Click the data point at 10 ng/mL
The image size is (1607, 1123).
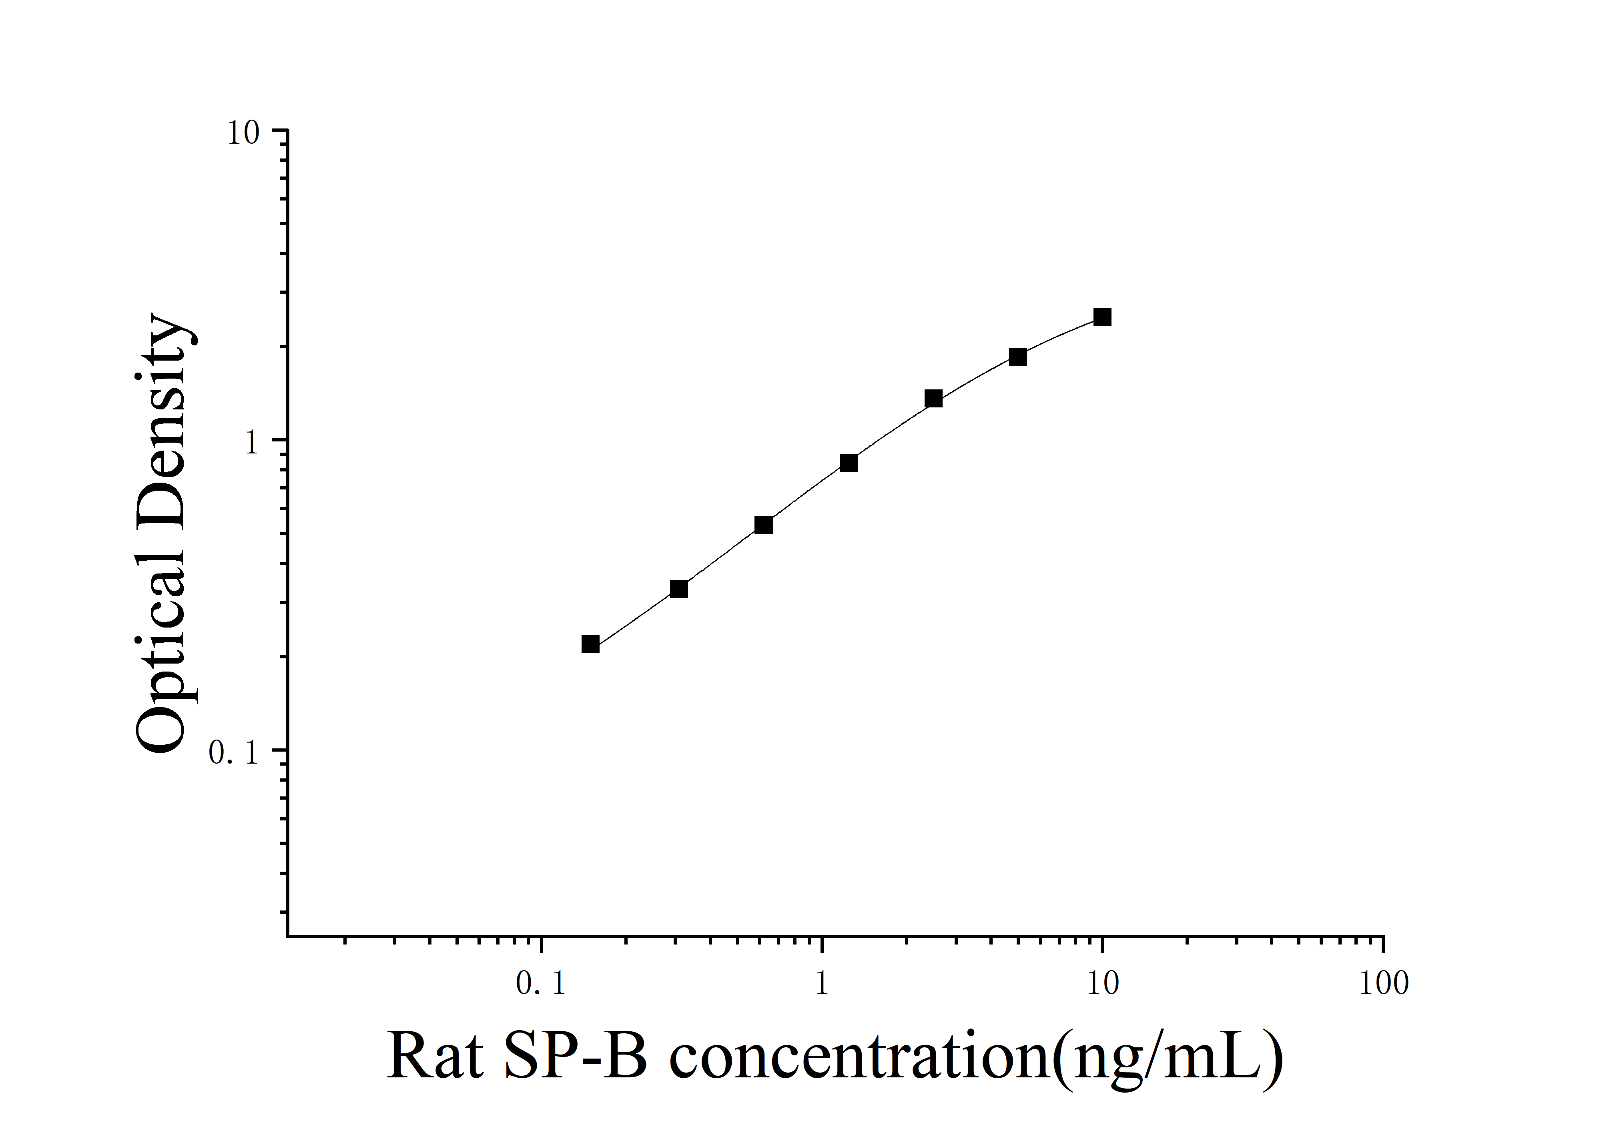tap(1102, 317)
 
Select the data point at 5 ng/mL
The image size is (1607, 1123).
tap(1018, 357)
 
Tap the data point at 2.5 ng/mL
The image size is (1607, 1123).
tap(933, 399)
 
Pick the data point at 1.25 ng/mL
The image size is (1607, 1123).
tap(848, 463)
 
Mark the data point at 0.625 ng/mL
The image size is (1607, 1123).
tap(764, 525)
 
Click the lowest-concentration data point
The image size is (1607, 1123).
tap(590, 644)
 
